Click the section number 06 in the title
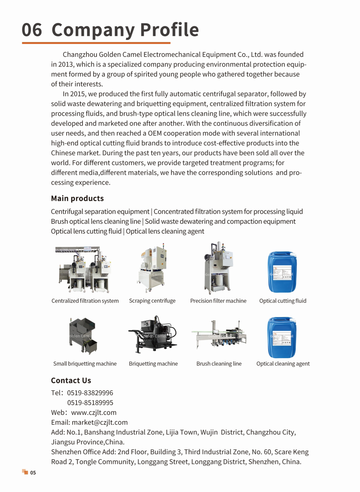[x=32, y=30]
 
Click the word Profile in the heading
[x=169, y=30]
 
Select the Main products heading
[x=77, y=199]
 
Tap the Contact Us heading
[x=71, y=381]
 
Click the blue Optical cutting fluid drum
[x=282, y=272]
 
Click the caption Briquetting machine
[x=153, y=364]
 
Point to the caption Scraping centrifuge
[x=152, y=301]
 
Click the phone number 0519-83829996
[x=90, y=393]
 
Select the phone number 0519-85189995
[x=90, y=403]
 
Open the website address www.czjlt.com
[x=94, y=413]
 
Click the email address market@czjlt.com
[x=100, y=422]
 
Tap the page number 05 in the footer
[x=33, y=473]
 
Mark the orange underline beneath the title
[x=96, y=43]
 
